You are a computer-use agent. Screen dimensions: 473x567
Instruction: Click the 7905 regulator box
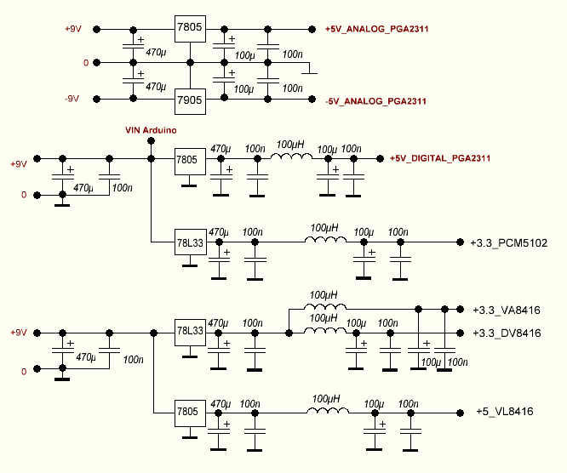coord(189,100)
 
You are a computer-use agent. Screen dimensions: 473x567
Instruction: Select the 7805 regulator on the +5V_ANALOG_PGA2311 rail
coord(189,29)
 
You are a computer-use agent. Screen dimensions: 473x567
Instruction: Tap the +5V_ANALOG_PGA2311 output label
coord(376,30)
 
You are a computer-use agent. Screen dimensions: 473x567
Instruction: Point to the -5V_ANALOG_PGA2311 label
coord(376,101)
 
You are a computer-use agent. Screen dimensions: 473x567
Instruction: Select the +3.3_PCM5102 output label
coord(509,242)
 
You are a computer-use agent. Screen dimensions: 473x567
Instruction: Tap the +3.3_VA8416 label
coord(507,310)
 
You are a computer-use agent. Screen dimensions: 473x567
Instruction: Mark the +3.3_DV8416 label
coord(507,333)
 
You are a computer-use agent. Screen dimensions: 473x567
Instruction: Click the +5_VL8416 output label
coord(505,412)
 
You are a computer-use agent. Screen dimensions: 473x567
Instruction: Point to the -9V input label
coord(72,99)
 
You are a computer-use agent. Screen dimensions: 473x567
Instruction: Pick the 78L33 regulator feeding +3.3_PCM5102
coord(190,242)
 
